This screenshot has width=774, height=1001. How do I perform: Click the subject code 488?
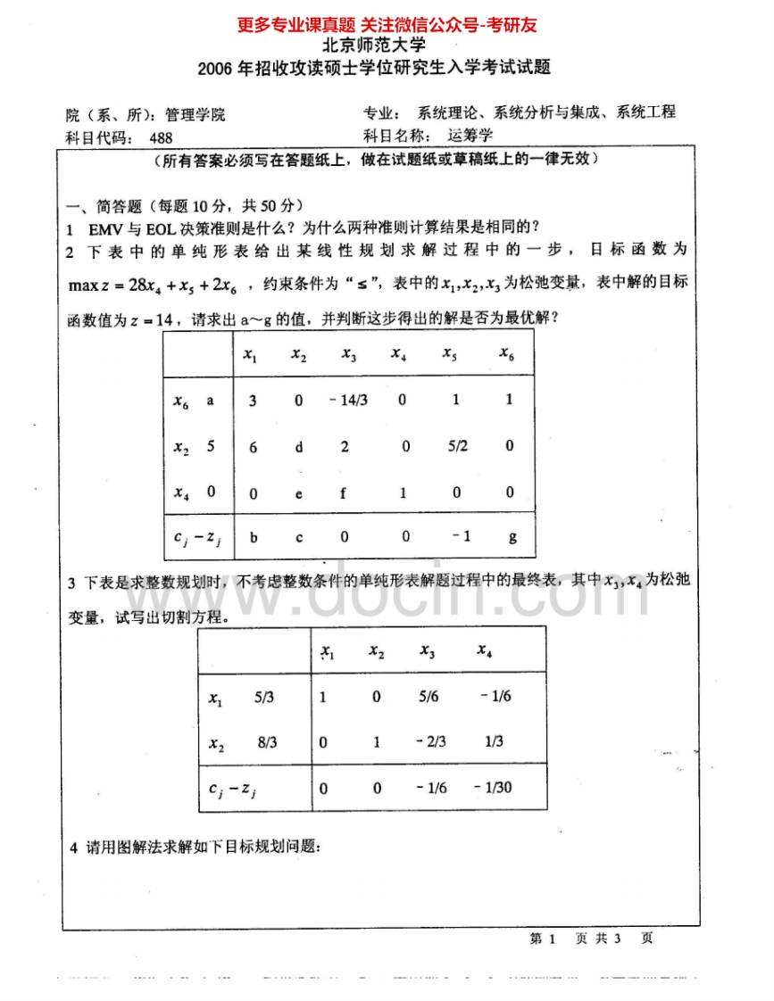162,137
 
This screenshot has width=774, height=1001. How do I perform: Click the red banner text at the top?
387,26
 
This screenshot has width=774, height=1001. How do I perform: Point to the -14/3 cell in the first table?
347,401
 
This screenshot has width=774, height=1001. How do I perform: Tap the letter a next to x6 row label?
211,401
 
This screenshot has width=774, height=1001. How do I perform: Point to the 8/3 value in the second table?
266,741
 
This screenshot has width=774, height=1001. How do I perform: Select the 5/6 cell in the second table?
429,697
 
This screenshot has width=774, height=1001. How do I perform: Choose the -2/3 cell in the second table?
430,741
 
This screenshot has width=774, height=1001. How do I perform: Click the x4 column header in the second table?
485,651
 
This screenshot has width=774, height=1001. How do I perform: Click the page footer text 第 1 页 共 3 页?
591,939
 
